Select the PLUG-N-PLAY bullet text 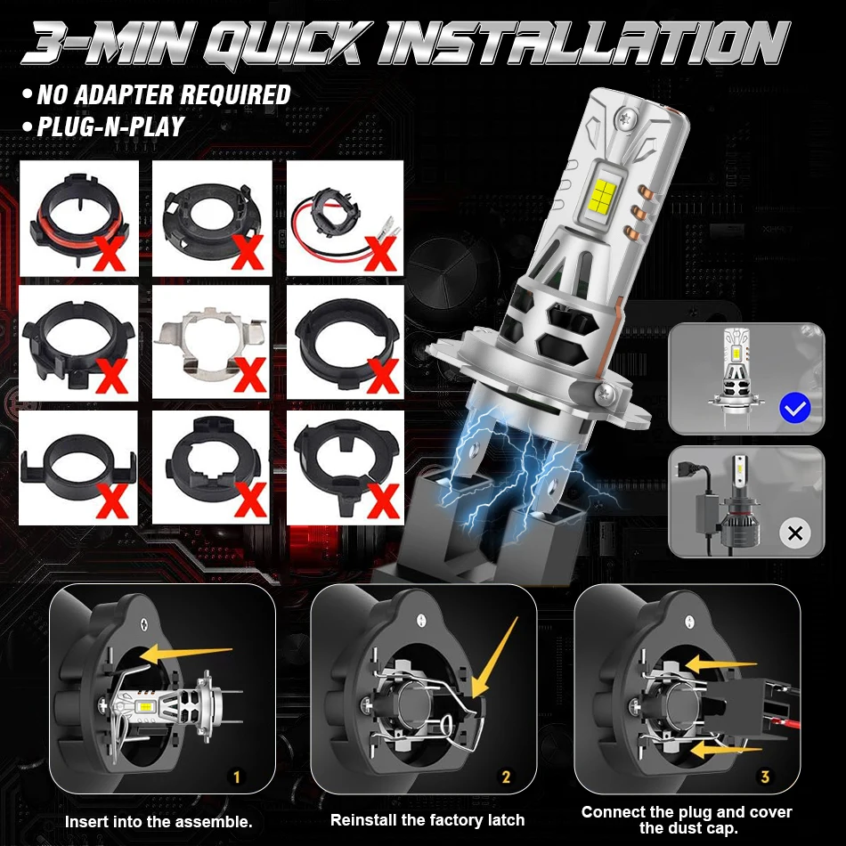coord(110,126)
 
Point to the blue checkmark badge coord(794,409)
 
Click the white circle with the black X coord(794,533)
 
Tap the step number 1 coord(236,777)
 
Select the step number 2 coord(506,777)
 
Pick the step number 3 coord(765,777)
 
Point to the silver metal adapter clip coord(210,341)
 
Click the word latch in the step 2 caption coord(506,820)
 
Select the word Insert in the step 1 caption coord(85,822)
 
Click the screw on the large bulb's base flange coord(606,395)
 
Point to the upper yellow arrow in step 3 coord(721,663)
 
